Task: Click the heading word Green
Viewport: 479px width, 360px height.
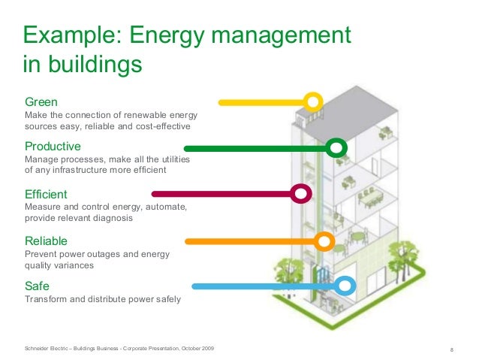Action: click(x=41, y=101)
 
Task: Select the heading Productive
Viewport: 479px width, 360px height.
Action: click(x=53, y=146)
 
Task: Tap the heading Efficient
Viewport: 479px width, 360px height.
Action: click(x=46, y=194)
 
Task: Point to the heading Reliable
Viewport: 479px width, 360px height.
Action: click(x=46, y=241)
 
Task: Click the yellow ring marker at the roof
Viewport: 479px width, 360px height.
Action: click(x=313, y=101)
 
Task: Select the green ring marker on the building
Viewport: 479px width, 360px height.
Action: click(x=337, y=147)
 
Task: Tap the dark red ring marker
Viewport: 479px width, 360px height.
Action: click(x=302, y=193)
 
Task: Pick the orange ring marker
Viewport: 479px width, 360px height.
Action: click(x=324, y=241)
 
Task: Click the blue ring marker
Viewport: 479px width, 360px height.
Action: click(x=345, y=286)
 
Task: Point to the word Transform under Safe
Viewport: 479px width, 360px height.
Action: click(x=47, y=300)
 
